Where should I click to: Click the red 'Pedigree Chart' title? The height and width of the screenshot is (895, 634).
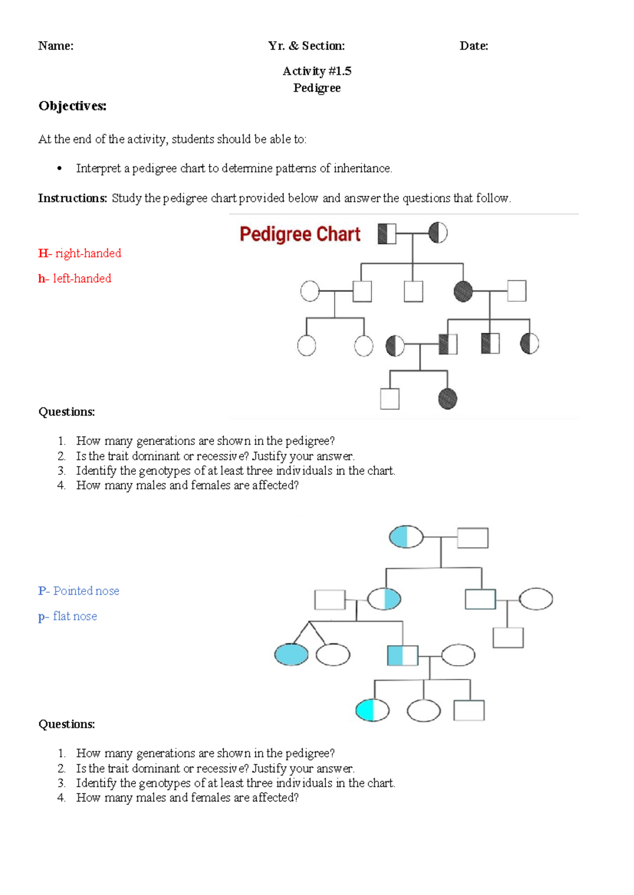pyautogui.click(x=300, y=234)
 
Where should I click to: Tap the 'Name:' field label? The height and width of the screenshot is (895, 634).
pyautogui.click(x=55, y=46)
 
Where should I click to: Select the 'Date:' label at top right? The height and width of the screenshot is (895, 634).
pyautogui.click(x=473, y=46)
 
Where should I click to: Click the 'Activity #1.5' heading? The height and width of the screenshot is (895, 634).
pyautogui.click(x=316, y=71)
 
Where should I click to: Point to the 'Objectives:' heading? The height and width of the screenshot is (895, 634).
pyautogui.click(x=72, y=106)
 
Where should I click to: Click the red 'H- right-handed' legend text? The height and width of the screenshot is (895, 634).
pyautogui.click(x=80, y=253)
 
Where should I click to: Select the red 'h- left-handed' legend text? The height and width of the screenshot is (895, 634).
pyautogui.click(x=74, y=279)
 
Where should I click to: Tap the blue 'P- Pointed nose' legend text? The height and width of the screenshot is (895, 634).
pyautogui.click(x=79, y=591)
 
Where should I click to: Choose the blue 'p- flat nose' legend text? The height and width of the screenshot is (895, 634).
pyautogui.click(x=68, y=616)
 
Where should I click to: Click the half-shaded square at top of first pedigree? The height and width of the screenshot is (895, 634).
pyautogui.click(x=387, y=234)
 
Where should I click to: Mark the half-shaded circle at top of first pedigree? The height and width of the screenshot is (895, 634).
pyautogui.click(x=438, y=233)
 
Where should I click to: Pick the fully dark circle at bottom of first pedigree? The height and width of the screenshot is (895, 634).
pyautogui.click(x=447, y=399)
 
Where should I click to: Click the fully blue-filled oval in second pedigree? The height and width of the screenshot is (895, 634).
pyautogui.click(x=291, y=655)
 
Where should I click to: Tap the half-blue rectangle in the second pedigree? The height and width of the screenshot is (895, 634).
pyautogui.click(x=403, y=655)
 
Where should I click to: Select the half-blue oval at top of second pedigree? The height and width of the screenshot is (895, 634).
pyautogui.click(x=406, y=537)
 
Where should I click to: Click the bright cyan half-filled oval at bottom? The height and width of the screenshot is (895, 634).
pyautogui.click(x=372, y=710)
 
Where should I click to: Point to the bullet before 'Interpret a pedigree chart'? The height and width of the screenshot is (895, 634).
pyautogui.click(x=60, y=169)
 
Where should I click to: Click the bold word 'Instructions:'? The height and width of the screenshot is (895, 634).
pyautogui.click(x=72, y=198)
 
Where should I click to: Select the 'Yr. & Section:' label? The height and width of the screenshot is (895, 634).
pyautogui.click(x=306, y=46)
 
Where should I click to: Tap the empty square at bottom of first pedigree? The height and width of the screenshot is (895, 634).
pyautogui.click(x=390, y=399)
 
